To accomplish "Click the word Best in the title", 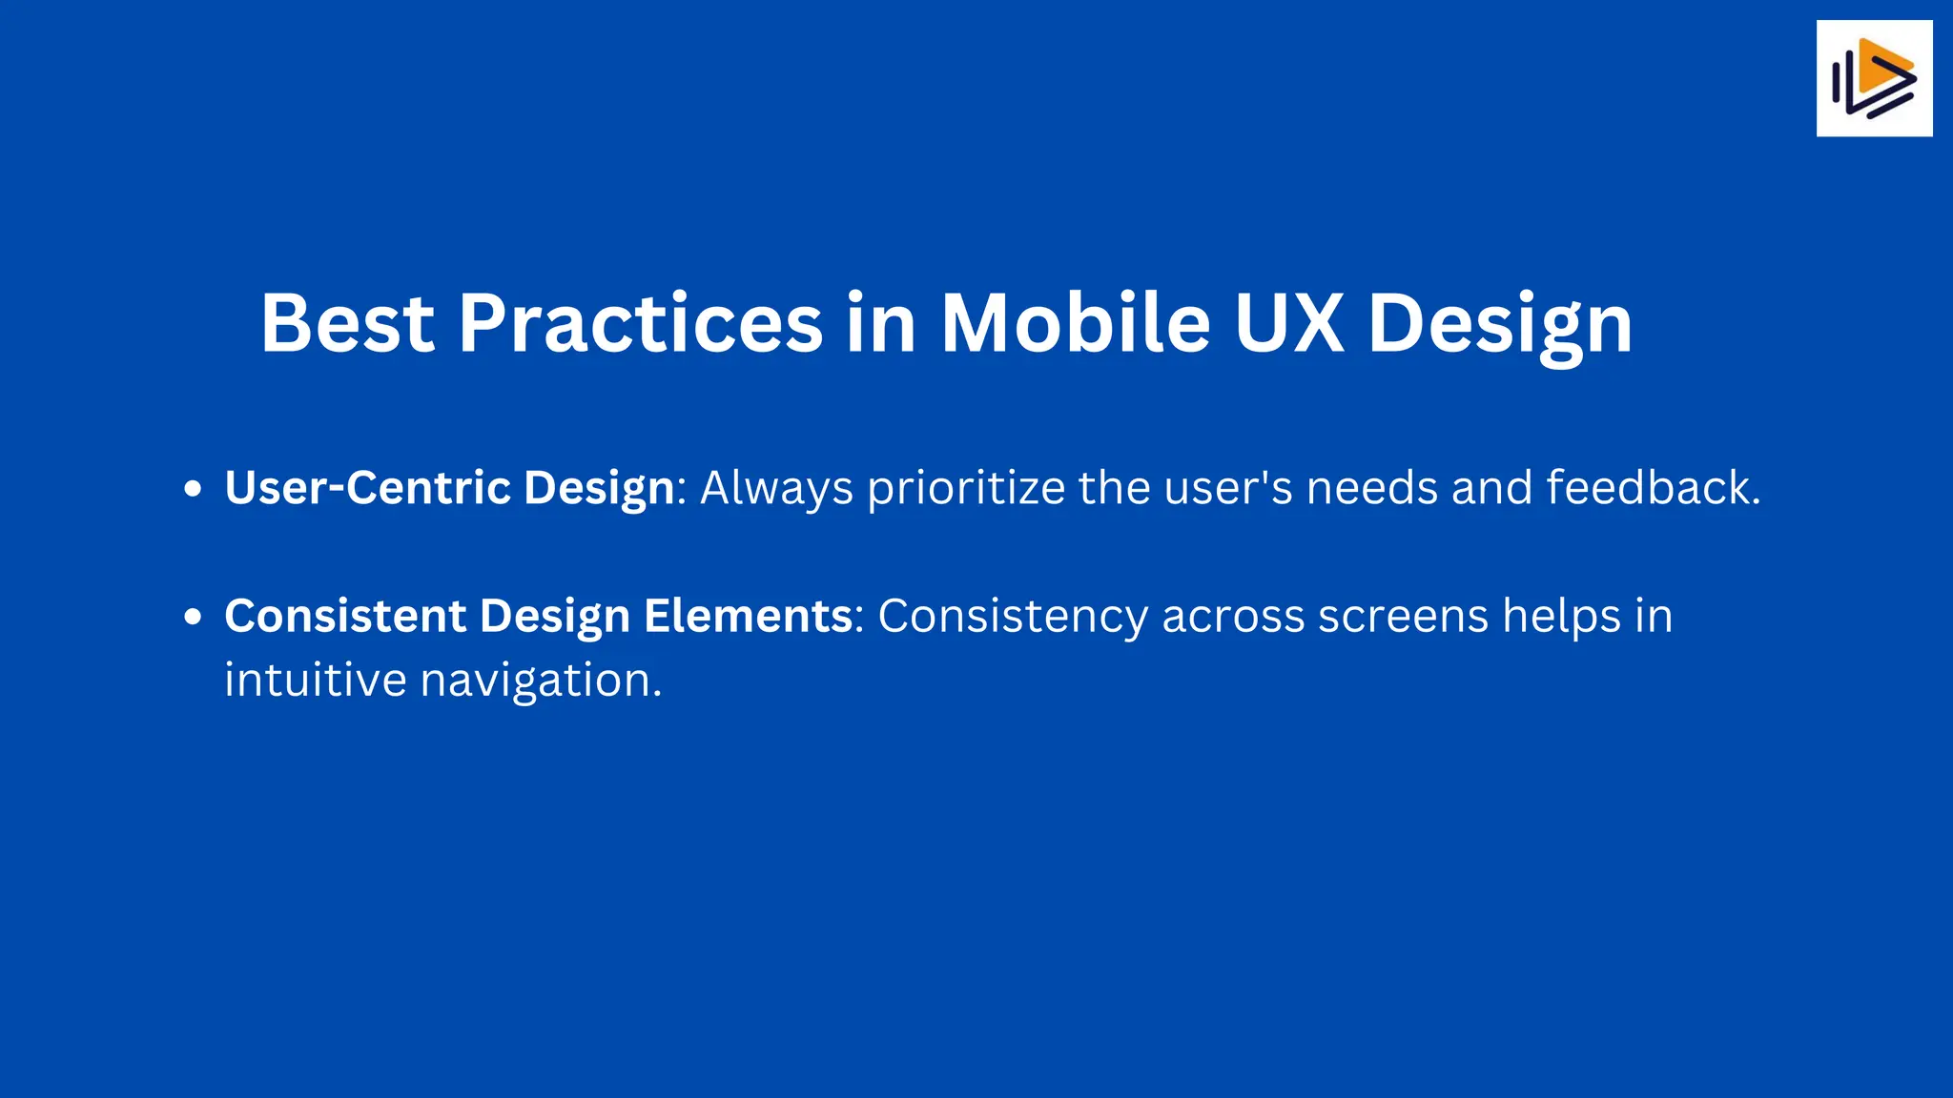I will pyautogui.click(x=347, y=323).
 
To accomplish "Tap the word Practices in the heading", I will pyautogui.click(x=640, y=323).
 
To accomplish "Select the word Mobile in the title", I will pyautogui.click(x=1075, y=323).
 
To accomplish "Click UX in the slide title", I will pyautogui.click(x=1288, y=323).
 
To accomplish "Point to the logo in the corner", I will pyautogui.click(x=1874, y=78).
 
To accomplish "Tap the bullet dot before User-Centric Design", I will pyautogui.click(x=194, y=490).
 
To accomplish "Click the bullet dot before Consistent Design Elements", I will pyautogui.click(x=194, y=617).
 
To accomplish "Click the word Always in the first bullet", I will pyautogui.click(x=776, y=488).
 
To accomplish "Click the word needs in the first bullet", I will pyautogui.click(x=1371, y=488).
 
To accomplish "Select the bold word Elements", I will pyautogui.click(x=748, y=616).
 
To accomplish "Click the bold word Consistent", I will pyautogui.click(x=345, y=616).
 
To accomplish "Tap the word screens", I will pyautogui.click(x=1403, y=616).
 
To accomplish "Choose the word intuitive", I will pyautogui.click(x=316, y=681).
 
